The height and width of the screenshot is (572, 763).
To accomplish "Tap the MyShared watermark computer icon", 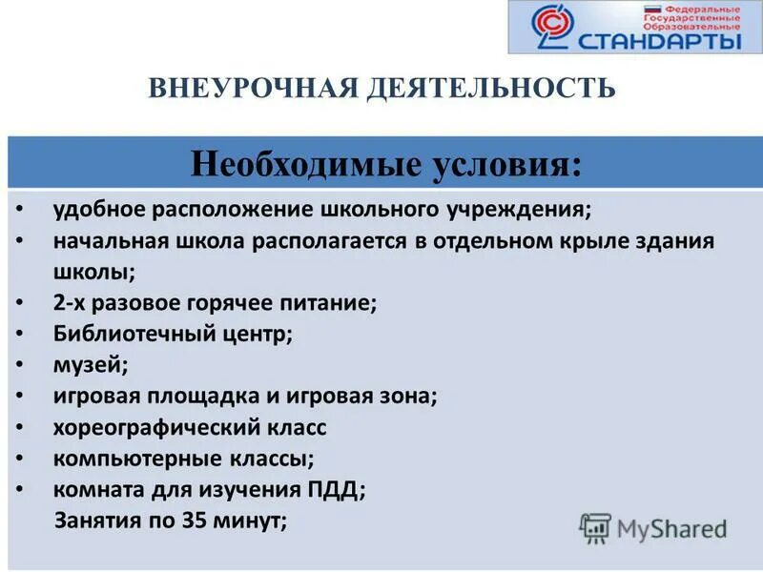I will (595, 528).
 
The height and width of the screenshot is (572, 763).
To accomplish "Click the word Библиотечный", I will (126, 334).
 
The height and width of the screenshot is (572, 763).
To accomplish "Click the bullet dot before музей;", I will (22, 365).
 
